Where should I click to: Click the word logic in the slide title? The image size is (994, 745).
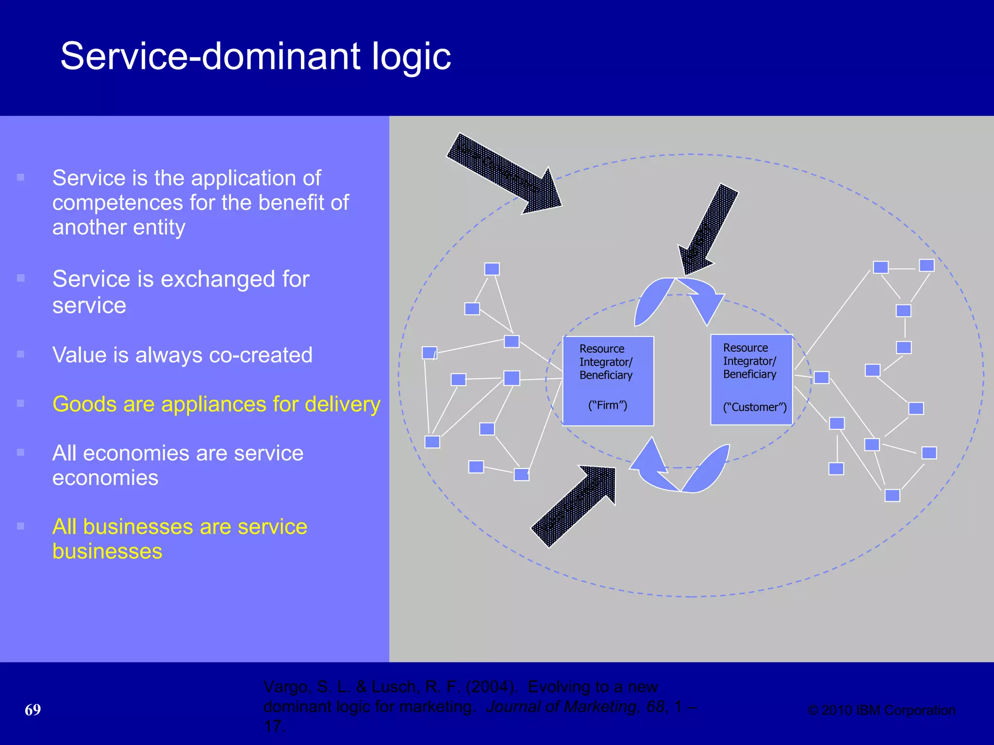coord(411,57)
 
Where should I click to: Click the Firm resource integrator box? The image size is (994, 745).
coord(608,381)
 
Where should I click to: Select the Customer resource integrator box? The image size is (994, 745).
coord(751,379)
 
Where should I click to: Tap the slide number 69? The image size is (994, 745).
coord(33,710)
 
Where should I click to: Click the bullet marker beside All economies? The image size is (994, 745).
coord(20,453)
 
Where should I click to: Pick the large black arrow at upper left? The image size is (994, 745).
coord(505,175)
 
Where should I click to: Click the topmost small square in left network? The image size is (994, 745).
coord(492,269)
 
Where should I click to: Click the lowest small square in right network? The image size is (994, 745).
coord(892,495)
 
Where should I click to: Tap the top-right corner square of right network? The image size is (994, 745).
coord(927,265)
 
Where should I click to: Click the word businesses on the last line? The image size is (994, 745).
coord(107,551)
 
